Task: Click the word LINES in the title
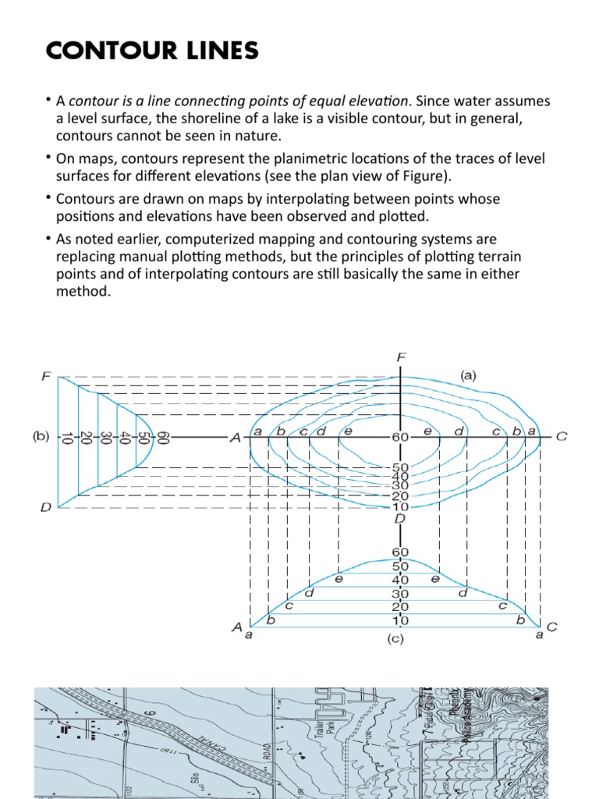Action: click(220, 51)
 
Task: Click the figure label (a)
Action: click(468, 375)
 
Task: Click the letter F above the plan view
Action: click(401, 357)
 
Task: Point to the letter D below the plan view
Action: click(400, 518)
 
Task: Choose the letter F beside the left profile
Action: click(46, 376)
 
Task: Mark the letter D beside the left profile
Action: click(46, 508)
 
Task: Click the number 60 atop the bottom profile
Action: click(400, 552)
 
